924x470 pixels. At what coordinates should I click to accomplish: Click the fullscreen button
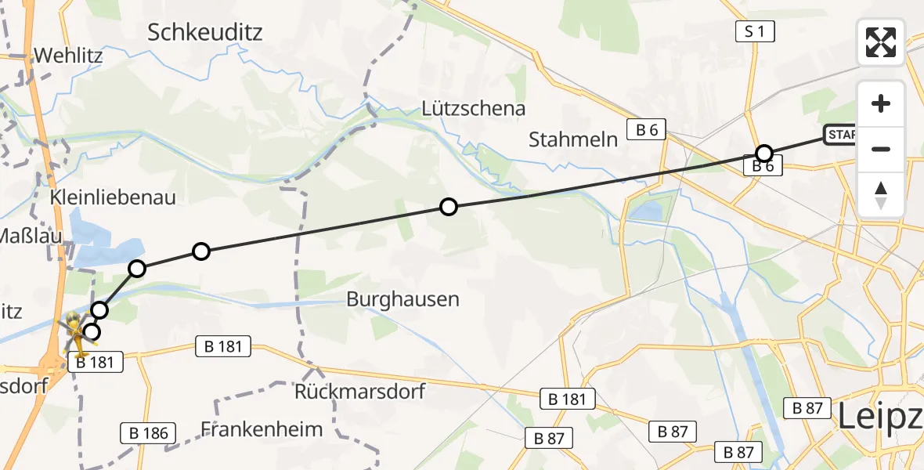click(x=881, y=42)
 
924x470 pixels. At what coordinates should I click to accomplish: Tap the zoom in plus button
click(x=881, y=104)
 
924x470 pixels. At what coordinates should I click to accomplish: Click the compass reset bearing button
click(x=881, y=194)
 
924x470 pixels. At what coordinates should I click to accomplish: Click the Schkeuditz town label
click(x=204, y=32)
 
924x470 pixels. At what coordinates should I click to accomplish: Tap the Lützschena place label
click(x=473, y=108)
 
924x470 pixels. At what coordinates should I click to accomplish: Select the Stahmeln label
click(x=573, y=139)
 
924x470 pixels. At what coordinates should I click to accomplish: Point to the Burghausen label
click(x=402, y=298)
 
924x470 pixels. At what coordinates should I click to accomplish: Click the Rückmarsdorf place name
click(x=359, y=390)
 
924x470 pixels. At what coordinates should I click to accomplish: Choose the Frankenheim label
click(x=262, y=429)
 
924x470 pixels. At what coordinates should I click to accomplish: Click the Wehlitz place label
click(x=68, y=57)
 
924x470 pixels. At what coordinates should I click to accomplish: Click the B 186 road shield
click(x=149, y=432)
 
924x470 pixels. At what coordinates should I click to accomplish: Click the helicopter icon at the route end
click(x=75, y=329)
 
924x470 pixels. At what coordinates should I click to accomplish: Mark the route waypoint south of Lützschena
click(x=448, y=207)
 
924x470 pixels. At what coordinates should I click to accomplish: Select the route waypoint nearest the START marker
click(x=763, y=153)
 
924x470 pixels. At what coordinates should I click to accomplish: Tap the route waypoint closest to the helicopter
click(x=92, y=332)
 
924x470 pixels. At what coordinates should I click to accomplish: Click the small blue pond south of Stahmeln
click(x=647, y=211)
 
